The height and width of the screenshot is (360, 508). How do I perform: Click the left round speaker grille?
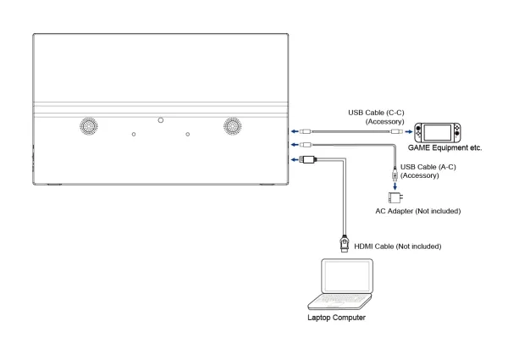(88, 125)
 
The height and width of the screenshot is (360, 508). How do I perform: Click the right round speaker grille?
(233, 125)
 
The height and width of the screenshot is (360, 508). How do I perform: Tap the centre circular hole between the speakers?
(161, 120)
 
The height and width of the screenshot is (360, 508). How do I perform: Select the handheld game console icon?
(436, 132)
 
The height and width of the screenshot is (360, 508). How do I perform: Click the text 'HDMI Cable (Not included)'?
(399, 246)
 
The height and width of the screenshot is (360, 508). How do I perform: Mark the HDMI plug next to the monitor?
(308, 158)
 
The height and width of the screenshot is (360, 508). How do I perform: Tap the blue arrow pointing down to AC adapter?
(395, 186)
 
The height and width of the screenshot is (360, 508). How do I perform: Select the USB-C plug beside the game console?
(396, 132)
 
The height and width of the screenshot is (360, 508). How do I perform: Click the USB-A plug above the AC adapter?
(395, 174)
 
